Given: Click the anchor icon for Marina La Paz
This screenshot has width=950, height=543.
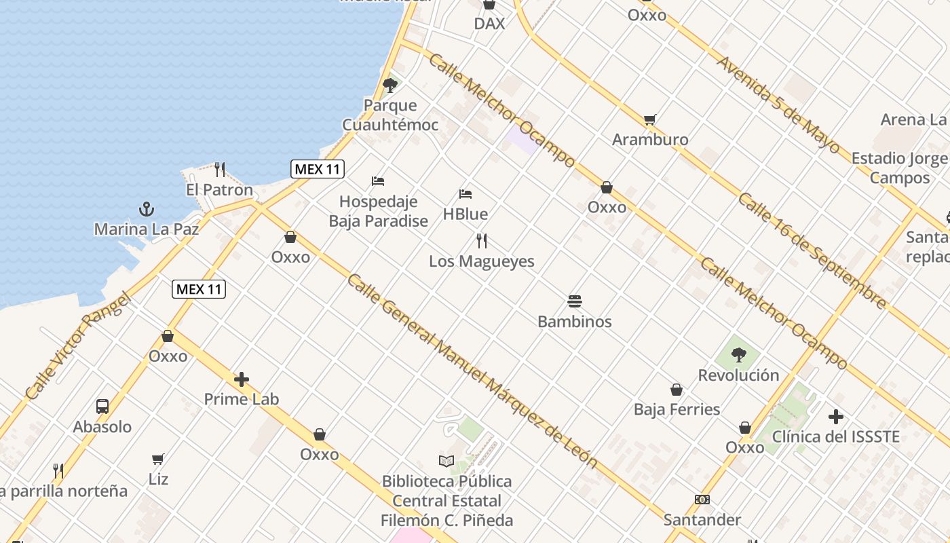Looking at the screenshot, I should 145,208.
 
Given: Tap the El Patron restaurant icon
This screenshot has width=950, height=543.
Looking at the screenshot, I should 219,169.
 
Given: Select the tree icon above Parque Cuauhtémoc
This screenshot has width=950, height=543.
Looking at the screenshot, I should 389,85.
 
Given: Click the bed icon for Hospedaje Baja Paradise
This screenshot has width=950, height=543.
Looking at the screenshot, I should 378,181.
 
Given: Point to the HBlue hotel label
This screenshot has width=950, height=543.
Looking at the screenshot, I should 465,214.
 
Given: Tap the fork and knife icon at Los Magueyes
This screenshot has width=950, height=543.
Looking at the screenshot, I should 482,240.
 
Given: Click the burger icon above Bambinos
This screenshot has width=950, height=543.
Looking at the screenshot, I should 575,301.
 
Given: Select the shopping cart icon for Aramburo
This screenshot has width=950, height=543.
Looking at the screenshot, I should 649,119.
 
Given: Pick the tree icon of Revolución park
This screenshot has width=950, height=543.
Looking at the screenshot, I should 738,354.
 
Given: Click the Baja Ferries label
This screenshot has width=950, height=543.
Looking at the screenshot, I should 677,409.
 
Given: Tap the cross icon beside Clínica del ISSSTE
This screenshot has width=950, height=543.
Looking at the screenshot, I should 836,416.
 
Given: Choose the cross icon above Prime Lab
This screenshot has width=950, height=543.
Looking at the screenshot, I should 242,379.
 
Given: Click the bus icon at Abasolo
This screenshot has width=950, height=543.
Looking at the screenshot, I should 102,406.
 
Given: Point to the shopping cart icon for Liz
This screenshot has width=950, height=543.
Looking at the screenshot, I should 158,459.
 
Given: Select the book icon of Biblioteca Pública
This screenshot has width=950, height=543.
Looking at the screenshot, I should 446,461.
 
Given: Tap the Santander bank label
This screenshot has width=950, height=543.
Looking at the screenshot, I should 702,520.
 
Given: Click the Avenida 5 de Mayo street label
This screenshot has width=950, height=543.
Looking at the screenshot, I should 778,102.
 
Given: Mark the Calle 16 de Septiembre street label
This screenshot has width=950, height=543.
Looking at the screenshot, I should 812,250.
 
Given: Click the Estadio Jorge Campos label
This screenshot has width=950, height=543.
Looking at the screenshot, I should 899,168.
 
